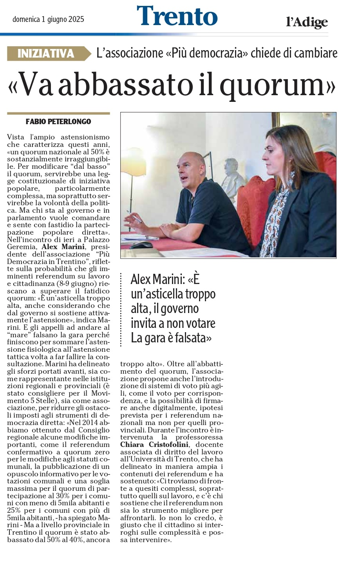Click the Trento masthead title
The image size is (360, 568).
[x=177, y=16]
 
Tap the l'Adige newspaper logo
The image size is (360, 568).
[x=307, y=22]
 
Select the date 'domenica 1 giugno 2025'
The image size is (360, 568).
[x=48, y=19]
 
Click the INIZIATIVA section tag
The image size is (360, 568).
[x=46, y=53]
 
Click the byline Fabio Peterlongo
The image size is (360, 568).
[x=58, y=121]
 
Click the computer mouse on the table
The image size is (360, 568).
[x=141, y=245]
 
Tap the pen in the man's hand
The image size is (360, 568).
[x=135, y=218]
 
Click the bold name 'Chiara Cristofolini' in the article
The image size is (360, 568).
[x=155, y=445]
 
